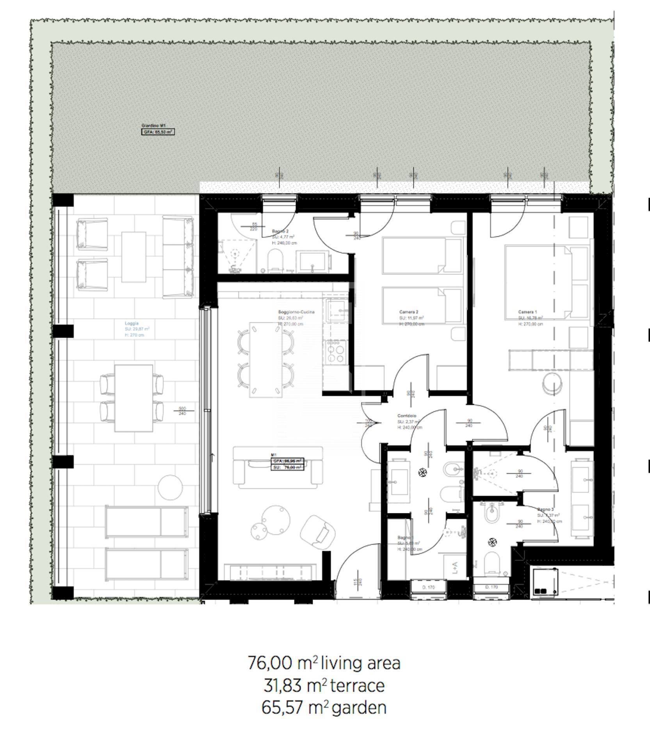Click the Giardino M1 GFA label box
pos(157,132)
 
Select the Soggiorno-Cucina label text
pos(296,312)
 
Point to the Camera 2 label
pos(409,312)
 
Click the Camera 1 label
pos(527,312)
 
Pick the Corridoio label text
pos(407,416)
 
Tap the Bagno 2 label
pos(280,232)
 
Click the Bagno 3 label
pos(545,510)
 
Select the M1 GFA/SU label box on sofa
pos(287,464)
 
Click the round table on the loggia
pos(170,487)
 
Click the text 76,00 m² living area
pos(324,663)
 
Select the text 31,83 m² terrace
pos(324,686)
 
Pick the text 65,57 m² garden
pos(324,707)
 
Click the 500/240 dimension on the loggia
pos(182,411)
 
